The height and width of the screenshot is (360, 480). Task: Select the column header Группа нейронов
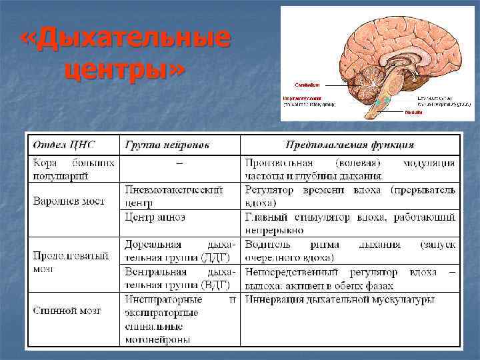coord(166,145)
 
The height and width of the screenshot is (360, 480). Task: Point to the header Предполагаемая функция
coord(350,145)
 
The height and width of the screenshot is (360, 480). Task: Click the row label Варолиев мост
coord(65,201)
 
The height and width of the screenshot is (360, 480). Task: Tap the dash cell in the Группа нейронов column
coord(179,162)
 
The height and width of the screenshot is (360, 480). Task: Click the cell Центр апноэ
coord(155,217)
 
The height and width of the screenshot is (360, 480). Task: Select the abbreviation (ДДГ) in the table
coord(211,258)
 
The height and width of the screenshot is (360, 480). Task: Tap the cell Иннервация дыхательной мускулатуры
coord(339,300)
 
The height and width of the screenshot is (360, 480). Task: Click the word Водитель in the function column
coord(266,245)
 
